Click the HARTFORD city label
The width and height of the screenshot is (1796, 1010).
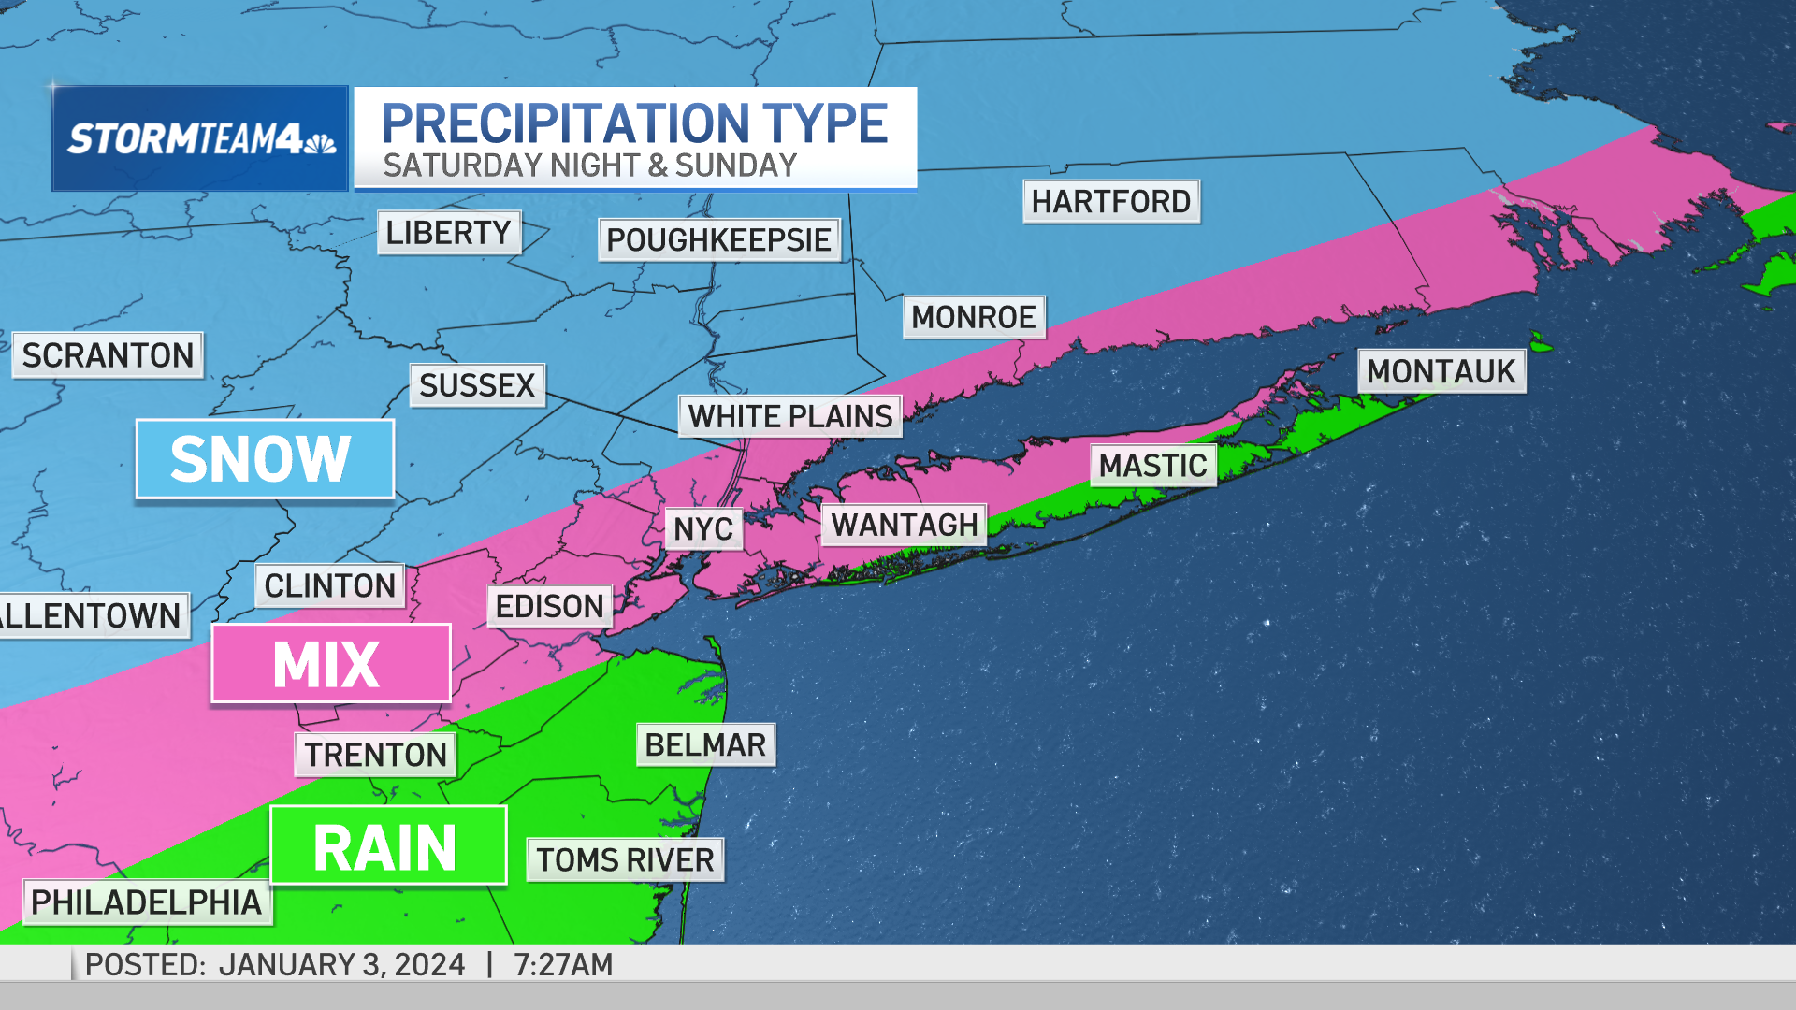tap(1110, 202)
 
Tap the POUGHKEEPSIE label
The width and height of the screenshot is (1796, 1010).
tap(718, 240)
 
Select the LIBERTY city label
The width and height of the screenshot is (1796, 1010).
tap(448, 233)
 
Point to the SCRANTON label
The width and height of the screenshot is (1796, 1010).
tap(108, 355)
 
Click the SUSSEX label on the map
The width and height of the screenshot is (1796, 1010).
tap(477, 385)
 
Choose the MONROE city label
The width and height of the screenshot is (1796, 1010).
tap(974, 318)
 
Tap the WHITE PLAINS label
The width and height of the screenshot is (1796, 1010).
tap(790, 416)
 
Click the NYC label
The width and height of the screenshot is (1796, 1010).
tap(703, 529)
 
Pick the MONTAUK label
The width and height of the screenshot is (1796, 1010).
tap(1441, 371)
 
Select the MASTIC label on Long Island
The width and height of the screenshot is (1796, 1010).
tap(1152, 466)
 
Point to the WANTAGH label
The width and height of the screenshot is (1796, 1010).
tap(905, 526)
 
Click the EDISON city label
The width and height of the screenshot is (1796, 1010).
tap(549, 607)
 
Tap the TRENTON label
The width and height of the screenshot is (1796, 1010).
tap(376, 755)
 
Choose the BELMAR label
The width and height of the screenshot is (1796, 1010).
tap(705, 745)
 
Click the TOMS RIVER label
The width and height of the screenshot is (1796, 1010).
tap(625, 860)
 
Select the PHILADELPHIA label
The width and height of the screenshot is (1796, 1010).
tap(147, 902)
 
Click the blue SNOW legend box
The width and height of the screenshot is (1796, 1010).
tap(265, 459)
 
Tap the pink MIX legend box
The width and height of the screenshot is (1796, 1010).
tap(331, 664)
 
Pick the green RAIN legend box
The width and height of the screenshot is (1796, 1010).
tap(388, 845)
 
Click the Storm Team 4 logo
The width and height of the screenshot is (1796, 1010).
tap(200, 139)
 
